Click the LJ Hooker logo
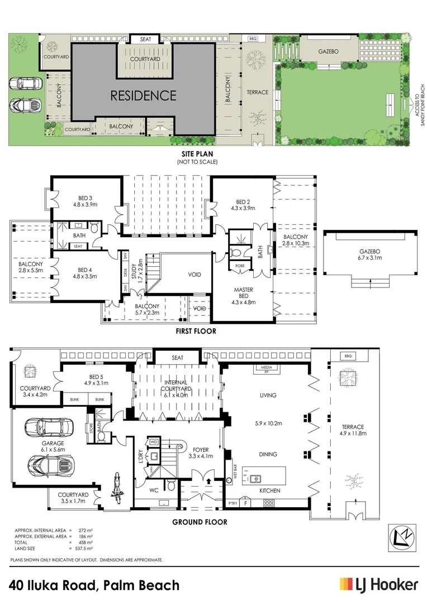[x=378, y=585]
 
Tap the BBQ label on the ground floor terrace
[x=350, y=356]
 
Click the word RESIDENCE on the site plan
[x=143, y=96]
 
